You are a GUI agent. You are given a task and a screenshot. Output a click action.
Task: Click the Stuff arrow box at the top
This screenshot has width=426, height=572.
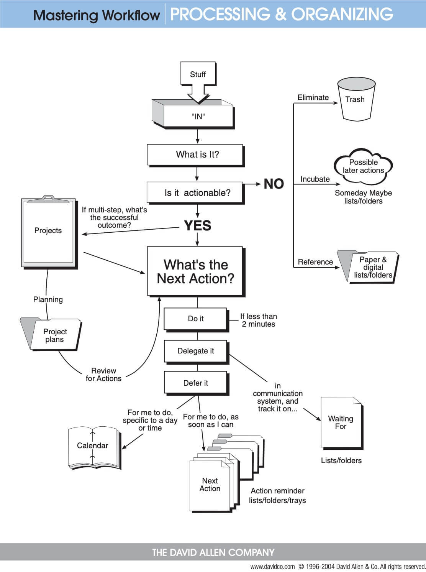(x=198, y=74)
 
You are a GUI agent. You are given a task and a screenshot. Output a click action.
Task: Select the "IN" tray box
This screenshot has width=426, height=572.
(x=198, y=116)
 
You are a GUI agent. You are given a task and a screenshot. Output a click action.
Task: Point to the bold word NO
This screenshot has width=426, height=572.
(x=274, y=184)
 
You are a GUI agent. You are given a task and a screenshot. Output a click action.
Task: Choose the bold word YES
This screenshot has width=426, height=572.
(x=197, y=225)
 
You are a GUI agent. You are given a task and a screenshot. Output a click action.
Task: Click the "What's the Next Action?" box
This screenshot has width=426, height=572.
(x=195, y=271)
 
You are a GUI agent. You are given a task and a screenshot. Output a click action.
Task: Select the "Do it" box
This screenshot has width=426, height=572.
(x=196, y=319)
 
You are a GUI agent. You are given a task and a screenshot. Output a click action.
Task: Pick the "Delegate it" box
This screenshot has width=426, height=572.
(x=196, y=351)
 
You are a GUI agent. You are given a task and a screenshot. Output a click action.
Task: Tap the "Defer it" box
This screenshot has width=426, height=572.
(x=196, y=383)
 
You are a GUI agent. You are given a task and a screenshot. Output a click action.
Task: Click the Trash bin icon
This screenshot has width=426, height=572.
(x=356, y=99)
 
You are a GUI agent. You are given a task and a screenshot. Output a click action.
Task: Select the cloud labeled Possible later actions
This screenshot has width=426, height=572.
(x=363, y=166)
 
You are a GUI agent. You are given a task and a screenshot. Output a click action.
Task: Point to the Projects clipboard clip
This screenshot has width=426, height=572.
(x=48, y=198)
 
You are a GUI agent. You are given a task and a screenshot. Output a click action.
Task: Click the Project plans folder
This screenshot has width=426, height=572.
(x=52, y=335)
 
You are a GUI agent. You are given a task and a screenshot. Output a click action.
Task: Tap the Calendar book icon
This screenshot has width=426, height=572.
(x=93, y=447)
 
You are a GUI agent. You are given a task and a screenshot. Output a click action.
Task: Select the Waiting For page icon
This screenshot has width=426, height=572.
(x=341, y=422)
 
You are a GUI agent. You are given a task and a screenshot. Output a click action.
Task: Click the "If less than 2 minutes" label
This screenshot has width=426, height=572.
(x=258, y=320)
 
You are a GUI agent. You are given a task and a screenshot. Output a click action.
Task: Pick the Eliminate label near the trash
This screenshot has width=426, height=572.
(x=313, y=97)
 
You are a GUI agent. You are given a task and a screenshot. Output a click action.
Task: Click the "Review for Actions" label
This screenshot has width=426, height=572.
(x=103, y=375)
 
